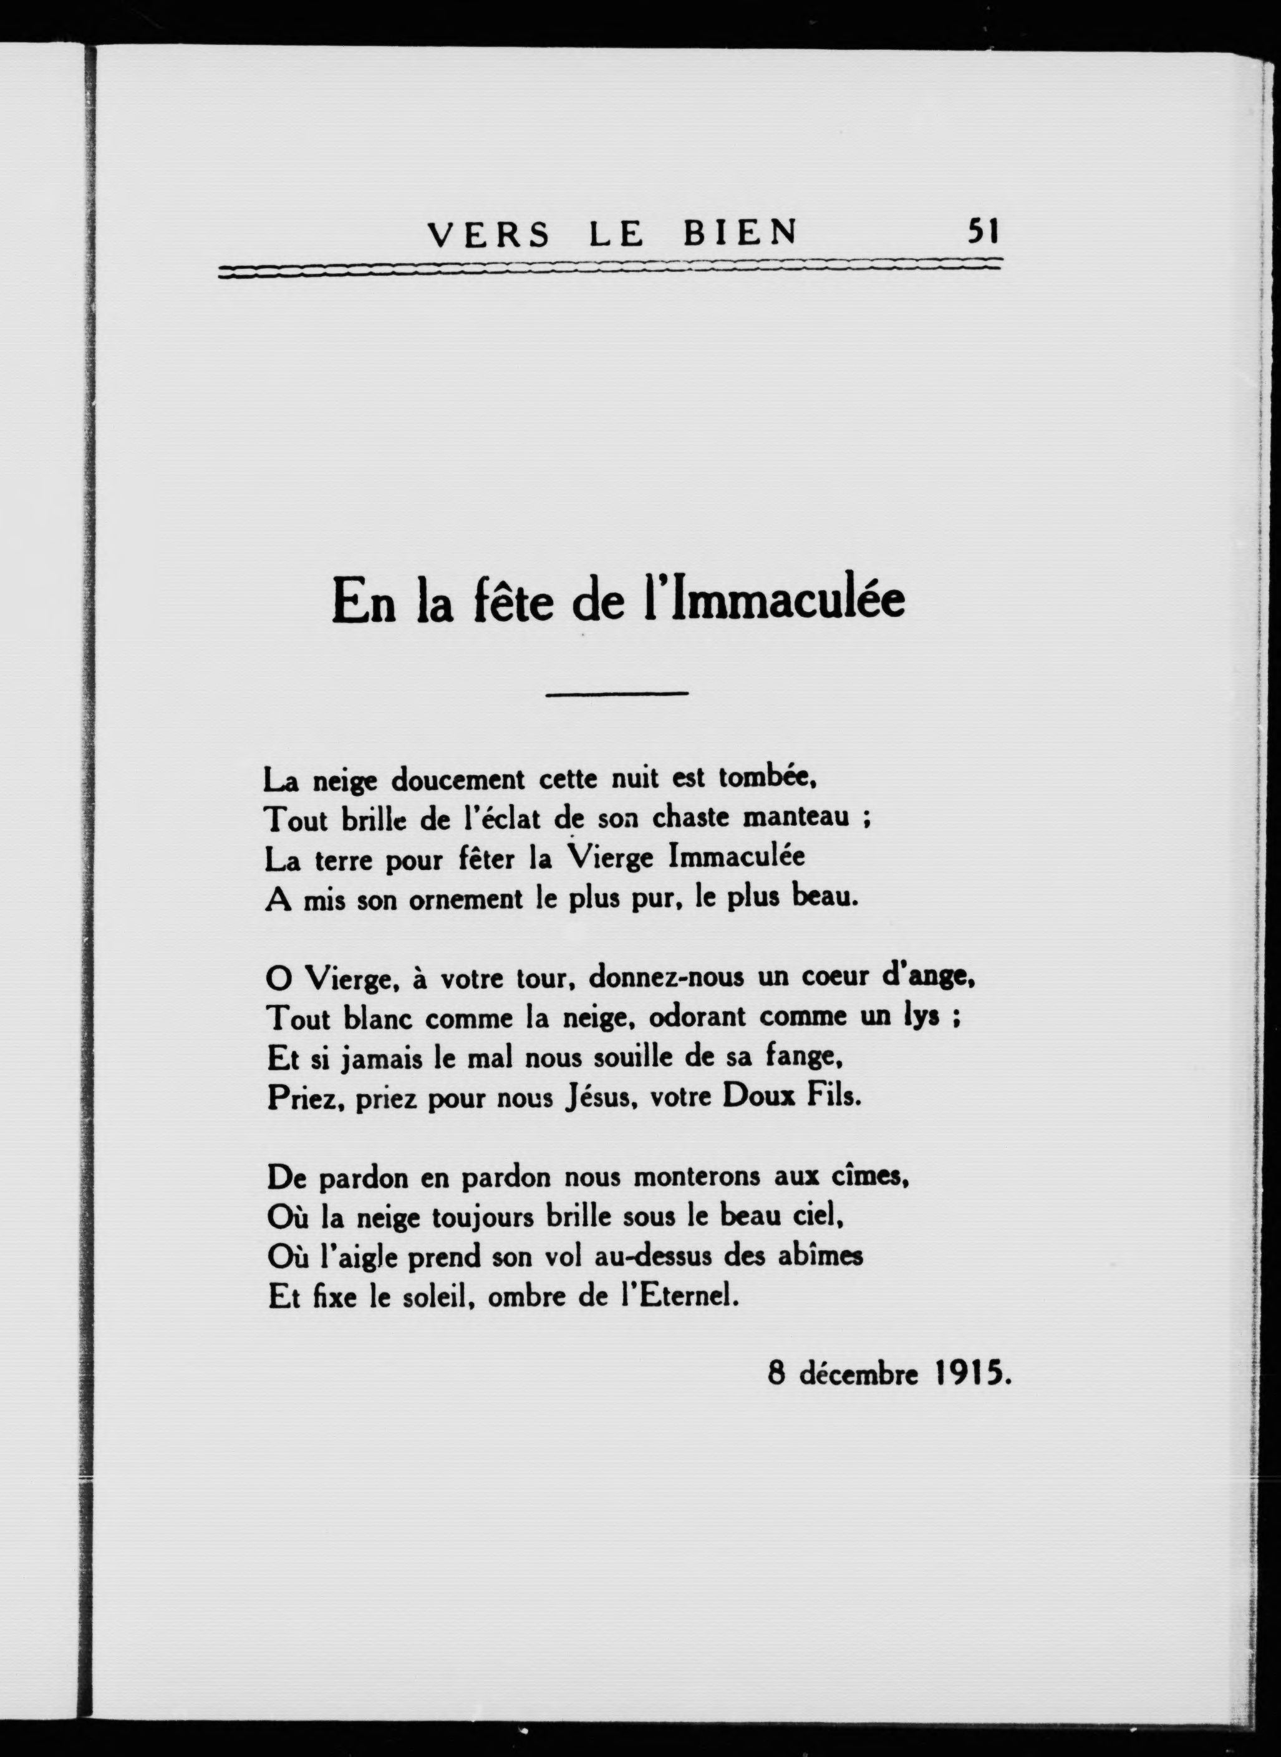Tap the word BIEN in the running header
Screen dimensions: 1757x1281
pyautogui.click(x=740, y=233)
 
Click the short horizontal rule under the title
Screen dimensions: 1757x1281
pyautogui.click(x=617, y=692)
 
